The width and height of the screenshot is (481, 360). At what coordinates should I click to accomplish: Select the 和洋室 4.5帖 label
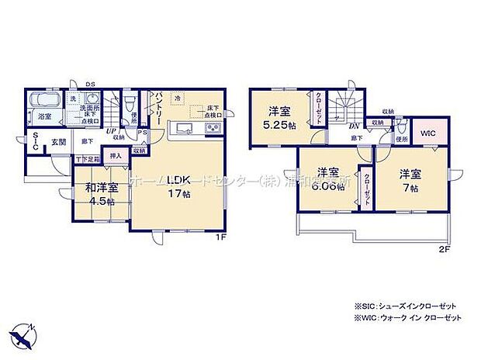click(102, 192)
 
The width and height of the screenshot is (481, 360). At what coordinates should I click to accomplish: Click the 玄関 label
click(59, 142)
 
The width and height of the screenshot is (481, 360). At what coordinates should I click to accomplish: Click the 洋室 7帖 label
click(409, 180)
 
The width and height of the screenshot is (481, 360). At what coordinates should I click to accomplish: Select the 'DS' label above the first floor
click(90, 84)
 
